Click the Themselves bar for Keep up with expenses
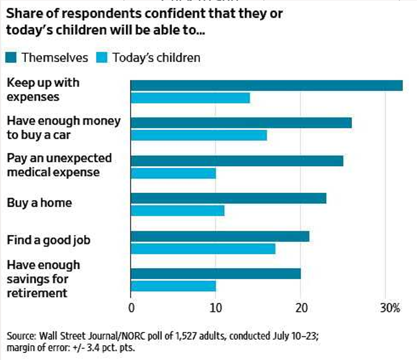coord(267,85)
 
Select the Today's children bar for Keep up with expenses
coord(190,98)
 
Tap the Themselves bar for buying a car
coord(241,123)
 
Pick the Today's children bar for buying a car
coord(199,135)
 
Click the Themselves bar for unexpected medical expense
coord(237,161)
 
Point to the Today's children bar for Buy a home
coord(177,210)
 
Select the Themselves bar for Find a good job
coord(220,236)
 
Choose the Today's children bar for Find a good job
coord(203,249)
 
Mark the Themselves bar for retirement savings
coord(215,274)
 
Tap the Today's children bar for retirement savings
coord(173,286)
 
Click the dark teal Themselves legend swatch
coord(12,57)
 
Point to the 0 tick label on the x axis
coord(131,308)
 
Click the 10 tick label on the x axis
coord(216,308)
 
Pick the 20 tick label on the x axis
coord(301,308)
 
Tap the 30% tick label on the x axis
coord(389,308)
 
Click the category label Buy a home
coord(39,203)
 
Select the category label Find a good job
coord(48,240)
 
